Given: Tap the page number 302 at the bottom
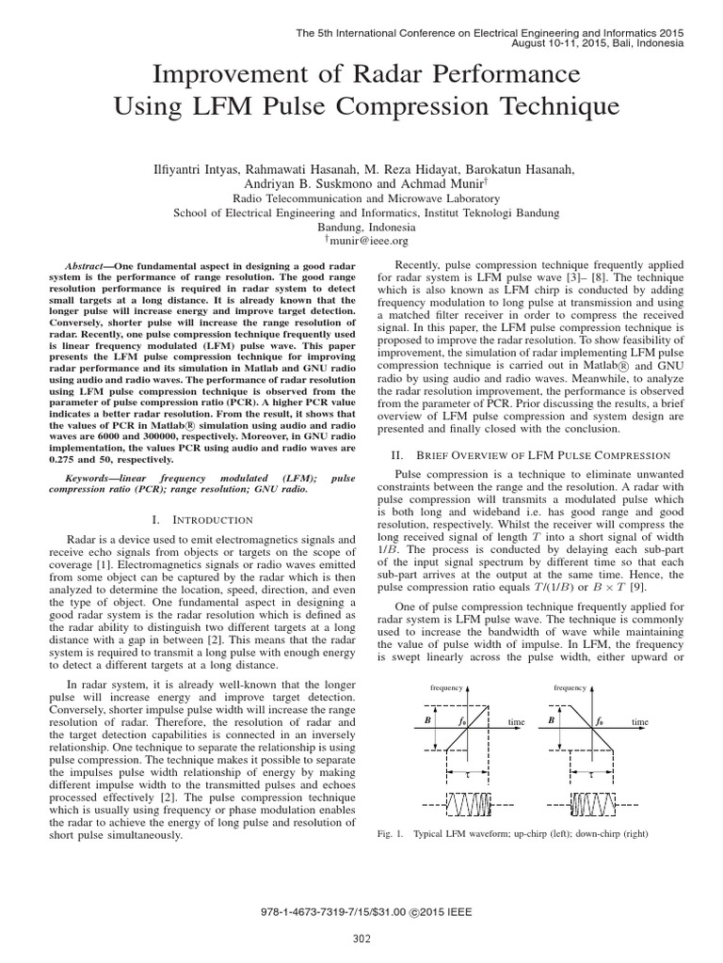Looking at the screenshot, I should point(362,937).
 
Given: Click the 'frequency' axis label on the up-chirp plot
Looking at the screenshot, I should point(447,687).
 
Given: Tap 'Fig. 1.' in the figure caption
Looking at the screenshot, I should point(388,834).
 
